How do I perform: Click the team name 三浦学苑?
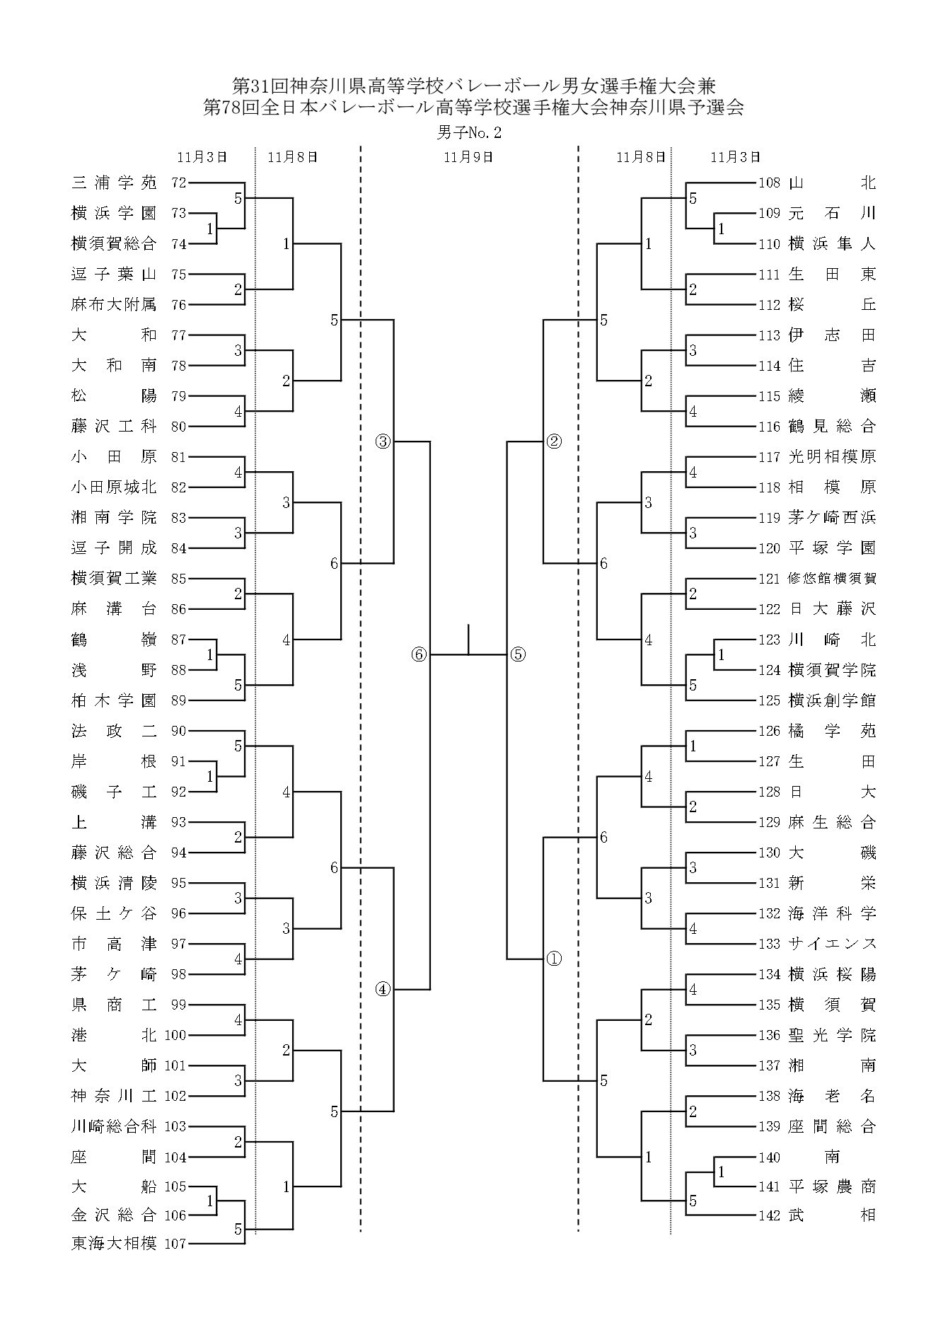click(114, 183)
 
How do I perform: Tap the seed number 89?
click(178, 700)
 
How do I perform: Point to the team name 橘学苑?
click(832, 731)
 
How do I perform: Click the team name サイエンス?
click(832, 944)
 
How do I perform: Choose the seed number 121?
click(769, 579)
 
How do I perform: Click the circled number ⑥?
click(419, 655)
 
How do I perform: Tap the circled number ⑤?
click(518, 655)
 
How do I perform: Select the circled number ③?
click(383, 442)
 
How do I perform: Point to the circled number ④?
click(383, 990)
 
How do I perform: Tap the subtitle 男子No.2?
click(470, 132)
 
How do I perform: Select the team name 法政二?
click(114, 731)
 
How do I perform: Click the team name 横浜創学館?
click(832, 700)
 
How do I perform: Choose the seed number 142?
click(769, 1215)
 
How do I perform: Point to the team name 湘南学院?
click(114, 518)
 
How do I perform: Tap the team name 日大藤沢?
click(832, 609)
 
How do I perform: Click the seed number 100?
click(175, 1035)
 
